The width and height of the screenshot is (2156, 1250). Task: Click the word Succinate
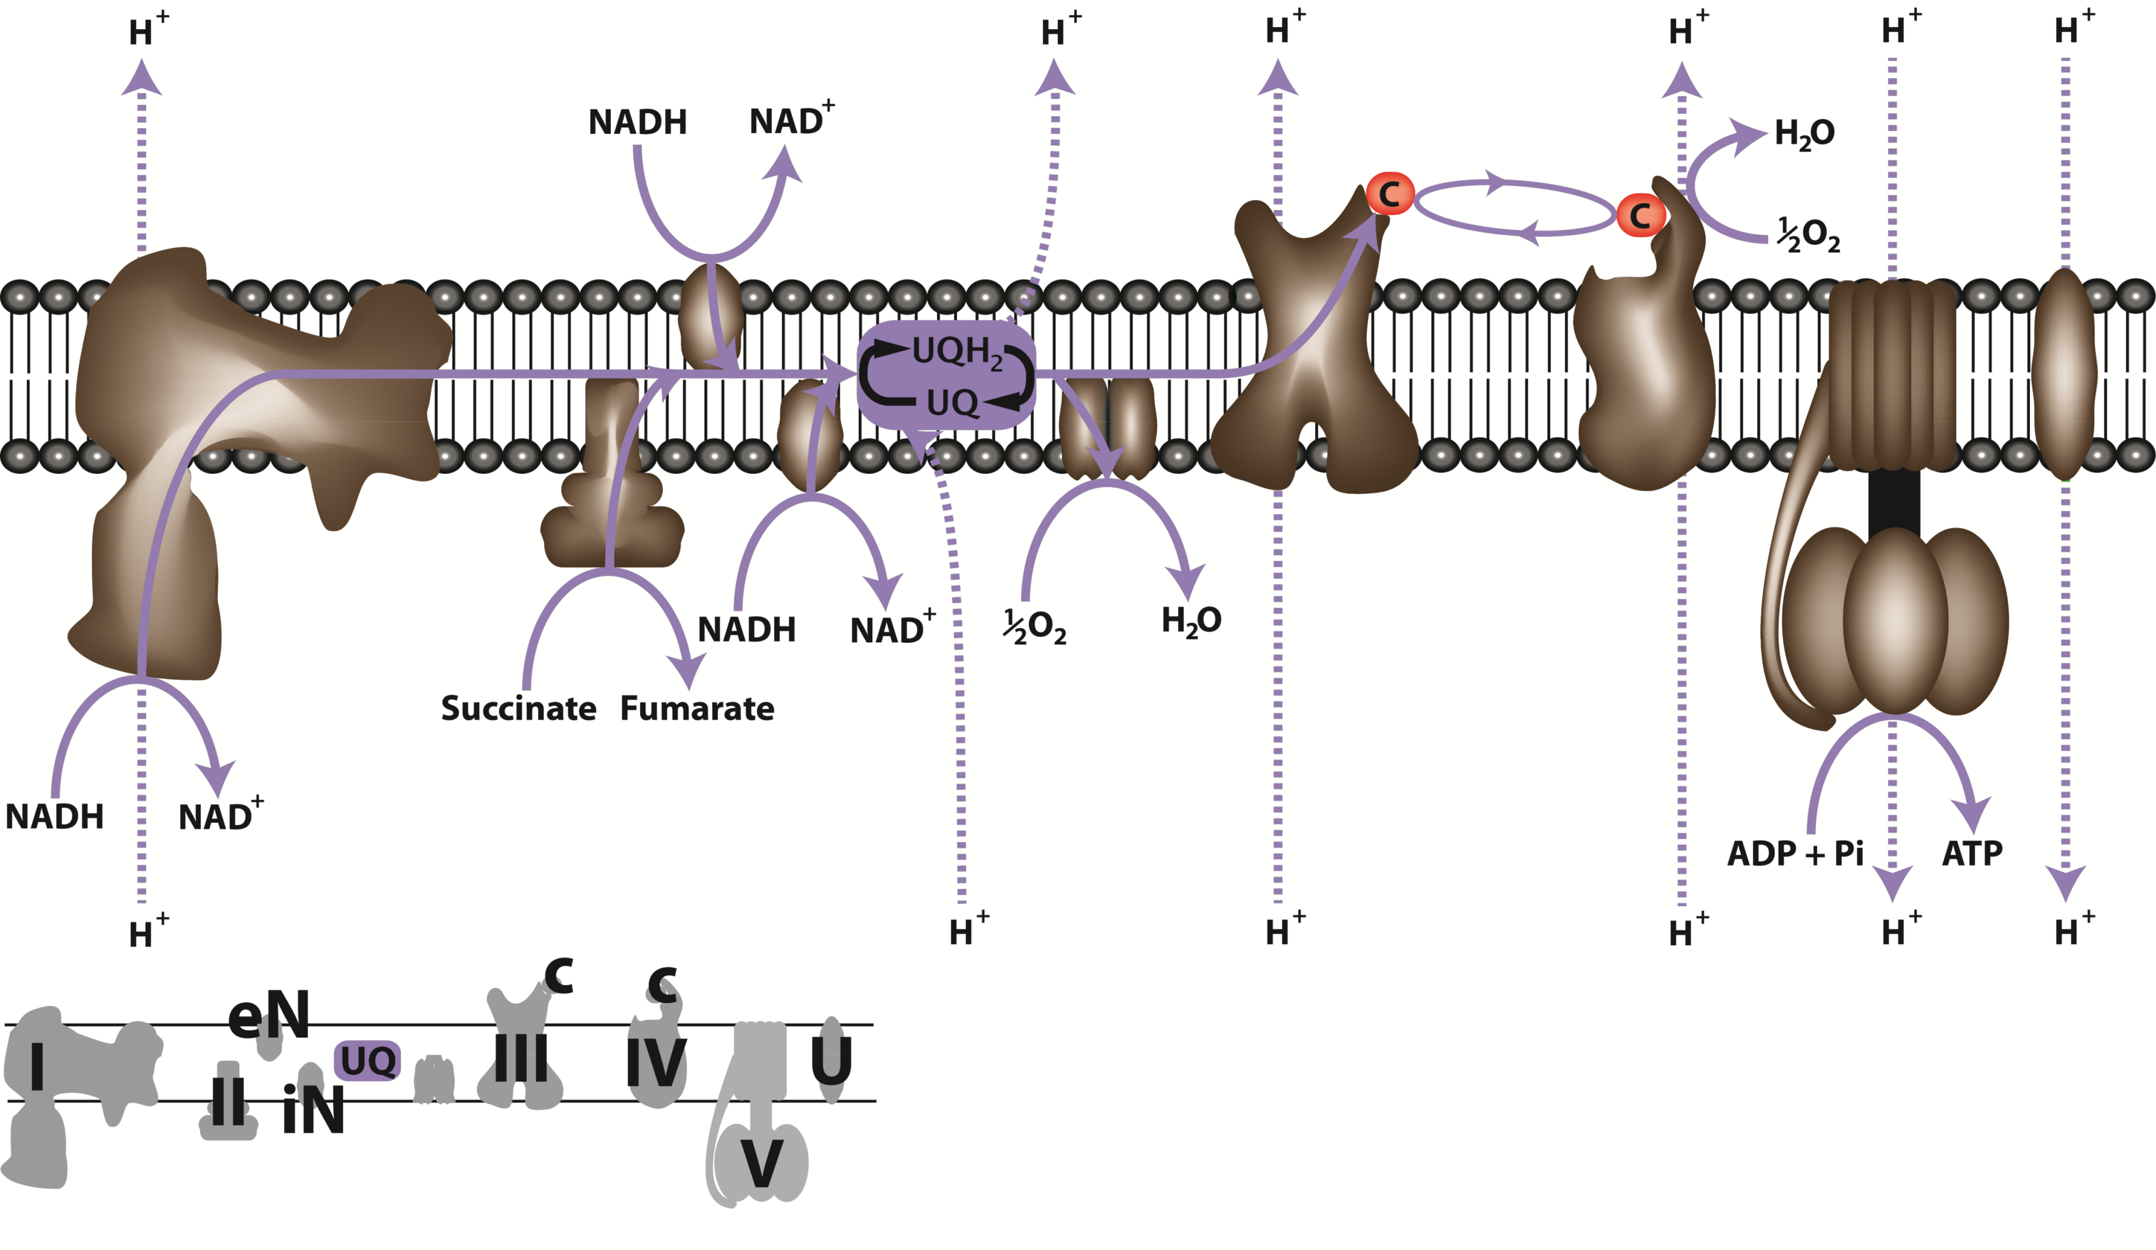(518, 709)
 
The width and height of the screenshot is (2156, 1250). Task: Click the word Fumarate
(697, 709)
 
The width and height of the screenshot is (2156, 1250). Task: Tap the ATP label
(1972, 853)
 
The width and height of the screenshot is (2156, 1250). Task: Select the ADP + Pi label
(1795, 853)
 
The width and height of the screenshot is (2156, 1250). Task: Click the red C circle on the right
(1639, 215)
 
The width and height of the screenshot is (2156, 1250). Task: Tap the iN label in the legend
(313, 1110)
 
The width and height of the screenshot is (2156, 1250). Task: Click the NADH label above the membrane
(637, 122)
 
